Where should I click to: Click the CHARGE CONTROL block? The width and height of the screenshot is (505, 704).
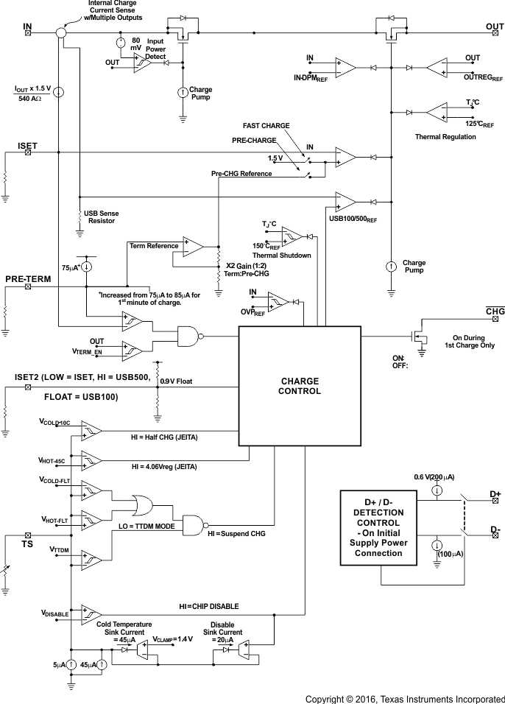(299, 386)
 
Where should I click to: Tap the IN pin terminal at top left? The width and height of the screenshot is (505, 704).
(28, 32)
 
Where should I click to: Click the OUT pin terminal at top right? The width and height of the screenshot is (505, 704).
(495, 32)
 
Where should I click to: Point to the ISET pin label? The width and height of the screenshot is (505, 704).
(27, 146)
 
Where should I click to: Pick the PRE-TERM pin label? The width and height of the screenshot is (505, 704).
(27, 279)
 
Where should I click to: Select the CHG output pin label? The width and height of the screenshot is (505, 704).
(495, 312)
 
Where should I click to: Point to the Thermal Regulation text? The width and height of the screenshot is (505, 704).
(445, 136)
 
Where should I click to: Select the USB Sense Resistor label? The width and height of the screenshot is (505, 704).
(102, 217)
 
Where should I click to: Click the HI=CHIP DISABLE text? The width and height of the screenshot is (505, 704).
(209, 606)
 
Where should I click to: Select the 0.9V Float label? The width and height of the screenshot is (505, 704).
(181, 381)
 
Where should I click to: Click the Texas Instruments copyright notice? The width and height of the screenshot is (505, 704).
(405, 697)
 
